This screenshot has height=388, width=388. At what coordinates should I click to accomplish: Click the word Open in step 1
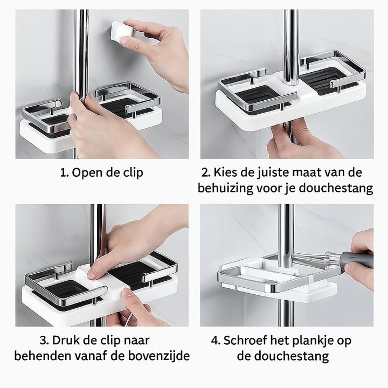click(87, 173)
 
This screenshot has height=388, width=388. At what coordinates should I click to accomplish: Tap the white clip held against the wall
click(122, 32)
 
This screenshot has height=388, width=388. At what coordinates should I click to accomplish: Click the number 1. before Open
click(65, 173)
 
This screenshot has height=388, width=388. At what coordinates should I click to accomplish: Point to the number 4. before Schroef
click(216, 341)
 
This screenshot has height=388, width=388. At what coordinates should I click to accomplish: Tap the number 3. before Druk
click(44, 341)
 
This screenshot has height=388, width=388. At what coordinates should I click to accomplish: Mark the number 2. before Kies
click(206, 173)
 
